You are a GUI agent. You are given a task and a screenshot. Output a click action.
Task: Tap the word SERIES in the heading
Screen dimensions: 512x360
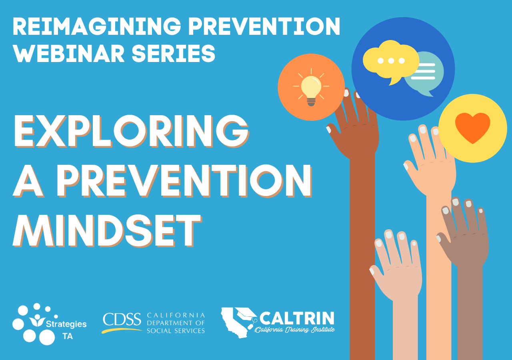point(174,54)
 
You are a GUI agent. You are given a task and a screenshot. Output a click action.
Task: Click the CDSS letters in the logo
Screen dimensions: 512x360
point(122,319)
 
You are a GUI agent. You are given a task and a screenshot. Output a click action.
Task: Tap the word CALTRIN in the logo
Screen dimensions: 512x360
point(297,318)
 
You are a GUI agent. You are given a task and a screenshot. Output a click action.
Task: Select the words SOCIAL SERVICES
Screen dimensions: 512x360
point(176,331)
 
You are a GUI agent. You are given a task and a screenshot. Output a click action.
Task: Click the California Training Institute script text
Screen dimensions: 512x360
point(295,330)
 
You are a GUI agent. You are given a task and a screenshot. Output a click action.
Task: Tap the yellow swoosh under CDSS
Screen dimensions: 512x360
point(122,330)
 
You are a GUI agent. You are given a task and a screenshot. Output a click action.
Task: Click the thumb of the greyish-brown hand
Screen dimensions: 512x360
point(443,239)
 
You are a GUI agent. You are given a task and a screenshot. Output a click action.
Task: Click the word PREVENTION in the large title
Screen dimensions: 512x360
point(184,180)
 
